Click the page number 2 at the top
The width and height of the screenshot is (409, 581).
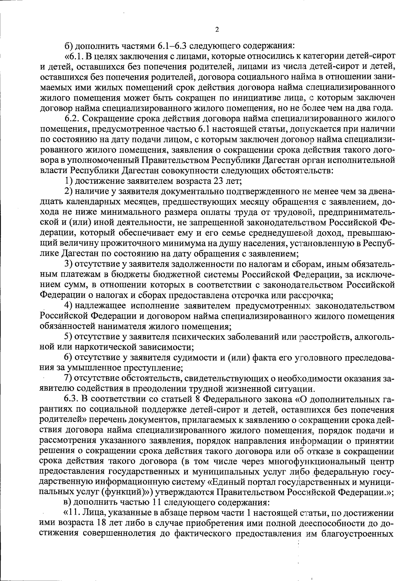[217, 30]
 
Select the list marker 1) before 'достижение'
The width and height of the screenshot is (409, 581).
[69, 180]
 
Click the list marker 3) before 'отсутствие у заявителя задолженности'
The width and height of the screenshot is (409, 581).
[69, 264]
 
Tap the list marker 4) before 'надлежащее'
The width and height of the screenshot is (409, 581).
[69, 306]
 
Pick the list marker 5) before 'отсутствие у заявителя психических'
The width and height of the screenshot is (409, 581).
[69, 337]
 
